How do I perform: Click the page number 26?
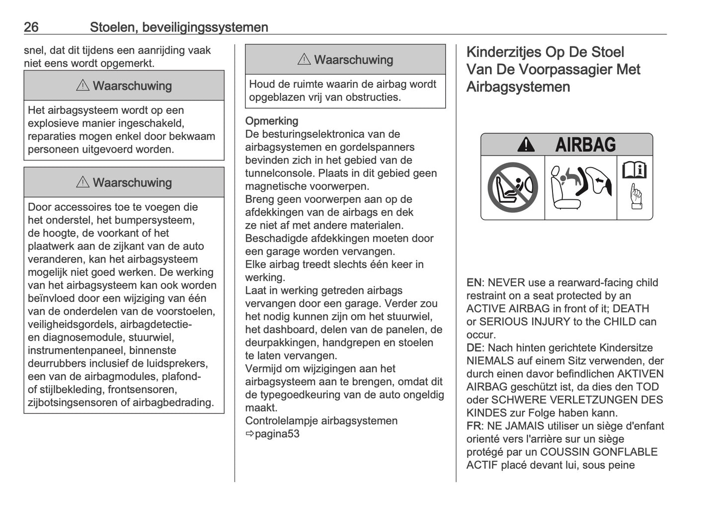tap(31, 27)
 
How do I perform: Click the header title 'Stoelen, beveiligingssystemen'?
tap(179, 27)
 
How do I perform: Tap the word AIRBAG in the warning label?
tap(585, 145)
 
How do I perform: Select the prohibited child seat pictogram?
tap(512, 188)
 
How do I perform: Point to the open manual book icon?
tap(635, 170)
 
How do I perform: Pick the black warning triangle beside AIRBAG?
tap(526, 145)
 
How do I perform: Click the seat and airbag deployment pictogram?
tap(580, 188)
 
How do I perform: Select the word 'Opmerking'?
tap(272, 121)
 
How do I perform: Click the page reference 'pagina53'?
tap(277, 434)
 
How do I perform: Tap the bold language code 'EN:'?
tap(475, 283)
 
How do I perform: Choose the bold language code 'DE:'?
tap(475, 348)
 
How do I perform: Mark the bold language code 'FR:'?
tap(475, 426)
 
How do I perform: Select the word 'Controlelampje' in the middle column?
tap(282, 421)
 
